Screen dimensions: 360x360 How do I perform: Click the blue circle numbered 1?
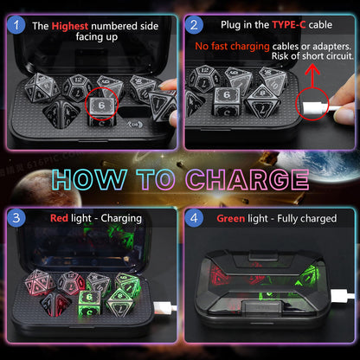pyautogui.click(x=16, y=25)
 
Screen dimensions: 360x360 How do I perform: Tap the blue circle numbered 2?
pyautogui.click(x=194, y=25)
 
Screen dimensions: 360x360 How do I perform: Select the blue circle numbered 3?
pyautogui.click(x=16, y=218)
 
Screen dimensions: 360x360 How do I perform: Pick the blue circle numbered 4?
pyautogui.click(x=194, y=218)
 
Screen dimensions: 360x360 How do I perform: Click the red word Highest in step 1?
pyautogui.click(x=70, y=26)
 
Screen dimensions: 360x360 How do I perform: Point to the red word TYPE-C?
pyautogui.click(x=289, y=25)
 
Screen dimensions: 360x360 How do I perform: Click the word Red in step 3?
pyautogui.click(x=59, y=218)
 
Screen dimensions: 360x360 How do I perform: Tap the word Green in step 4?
pyautogui.click(x=231, y=218)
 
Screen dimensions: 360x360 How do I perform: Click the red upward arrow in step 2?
pyautogui.click(x=312, y=76)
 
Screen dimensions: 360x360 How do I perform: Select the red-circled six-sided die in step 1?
pyautogui.click(x=101, y=110)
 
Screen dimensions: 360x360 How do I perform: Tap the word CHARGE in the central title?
pyautogui.click(x=247, y=180)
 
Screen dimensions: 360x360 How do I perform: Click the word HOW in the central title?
pyautogui.click(x=89, y=179)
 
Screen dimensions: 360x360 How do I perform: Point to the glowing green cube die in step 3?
pyautogui.click(x=90, y=303)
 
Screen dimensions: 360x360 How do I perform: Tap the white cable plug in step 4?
pyautogui.click(x=343, y=296)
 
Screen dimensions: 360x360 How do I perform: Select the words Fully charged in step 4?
pyautogui.click(x=307, y=219)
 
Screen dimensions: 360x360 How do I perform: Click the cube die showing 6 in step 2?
pyautogui.click(x=226, y=101)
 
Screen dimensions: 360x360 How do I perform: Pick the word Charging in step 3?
pyautogui.click(x=121, y=219)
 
